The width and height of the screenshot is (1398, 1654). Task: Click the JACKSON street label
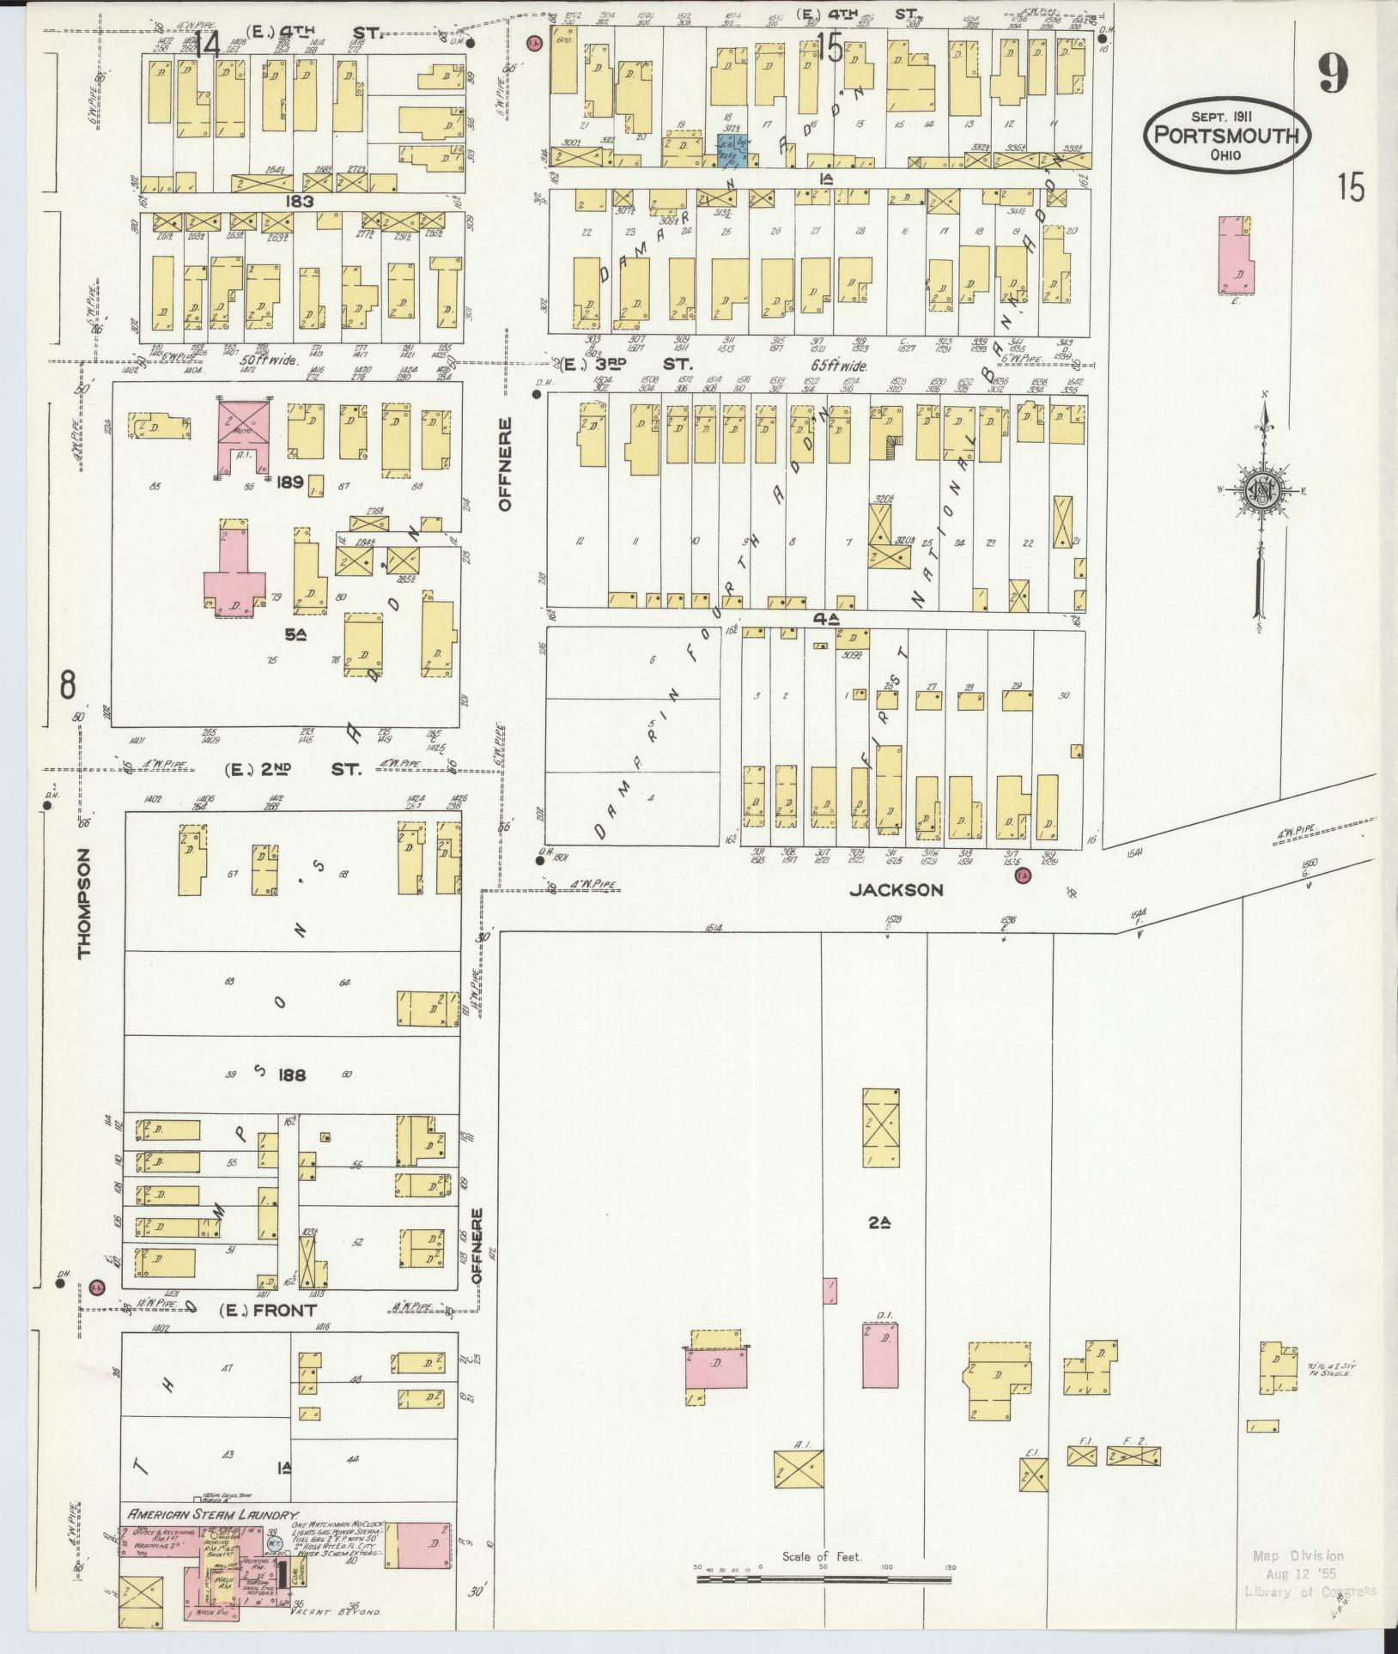(896, 890)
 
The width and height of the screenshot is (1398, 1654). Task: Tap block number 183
(301, 201)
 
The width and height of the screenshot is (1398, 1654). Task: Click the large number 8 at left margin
(68, 685)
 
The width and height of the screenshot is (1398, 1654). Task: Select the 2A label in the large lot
(877, 1223)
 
